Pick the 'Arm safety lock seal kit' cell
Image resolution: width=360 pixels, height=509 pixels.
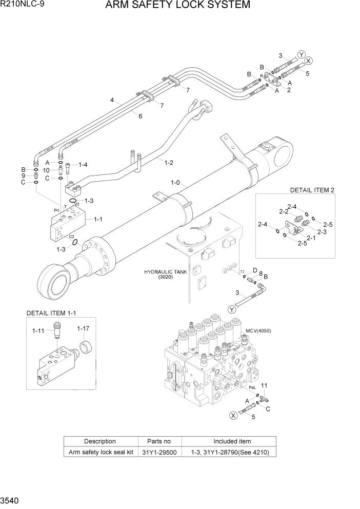click(100, 452)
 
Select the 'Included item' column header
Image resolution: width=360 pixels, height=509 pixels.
click(232, 441)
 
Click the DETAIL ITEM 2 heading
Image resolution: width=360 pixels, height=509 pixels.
click(312, 190)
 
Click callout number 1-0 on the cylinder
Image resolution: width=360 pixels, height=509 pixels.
click(175, 182)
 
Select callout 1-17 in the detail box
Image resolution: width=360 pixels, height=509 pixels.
click(84, 328)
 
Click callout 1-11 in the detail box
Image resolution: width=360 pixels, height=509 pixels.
click(39, 331)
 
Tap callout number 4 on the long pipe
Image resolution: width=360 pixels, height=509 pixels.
click(111, 101)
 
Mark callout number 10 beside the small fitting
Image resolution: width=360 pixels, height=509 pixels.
click(46, 170)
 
